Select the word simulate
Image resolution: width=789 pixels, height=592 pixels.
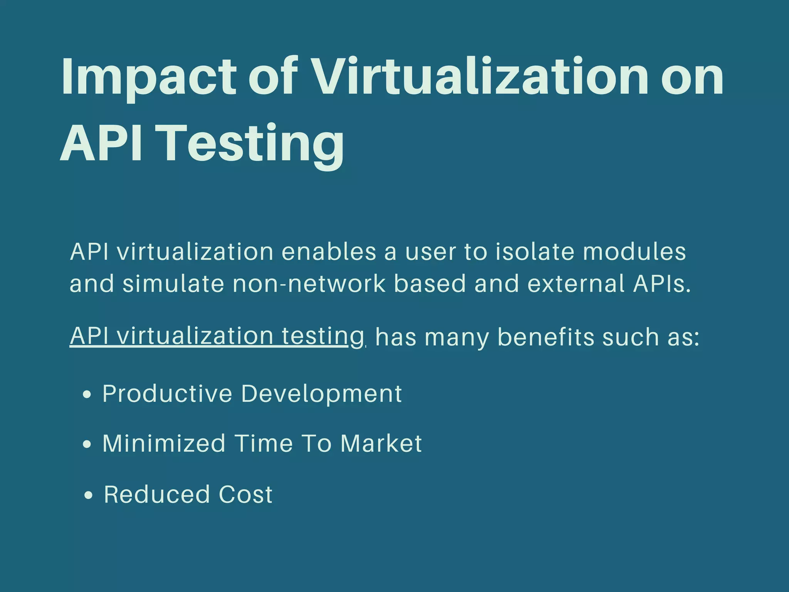pos(173,284)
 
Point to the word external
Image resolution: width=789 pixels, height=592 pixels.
pos(576,284)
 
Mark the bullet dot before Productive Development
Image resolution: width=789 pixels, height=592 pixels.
pos(87,395)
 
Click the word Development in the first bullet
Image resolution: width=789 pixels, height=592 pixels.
pos(321,394)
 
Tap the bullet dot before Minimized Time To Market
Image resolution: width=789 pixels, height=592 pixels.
pos(87,444)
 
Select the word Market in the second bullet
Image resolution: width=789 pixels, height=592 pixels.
pos(381,443)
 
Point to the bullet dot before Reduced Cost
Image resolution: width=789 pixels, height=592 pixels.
pos(89,495)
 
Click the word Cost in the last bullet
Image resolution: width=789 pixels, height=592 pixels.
pos(245,494)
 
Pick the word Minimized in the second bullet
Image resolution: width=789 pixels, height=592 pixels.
pos(164,443)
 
